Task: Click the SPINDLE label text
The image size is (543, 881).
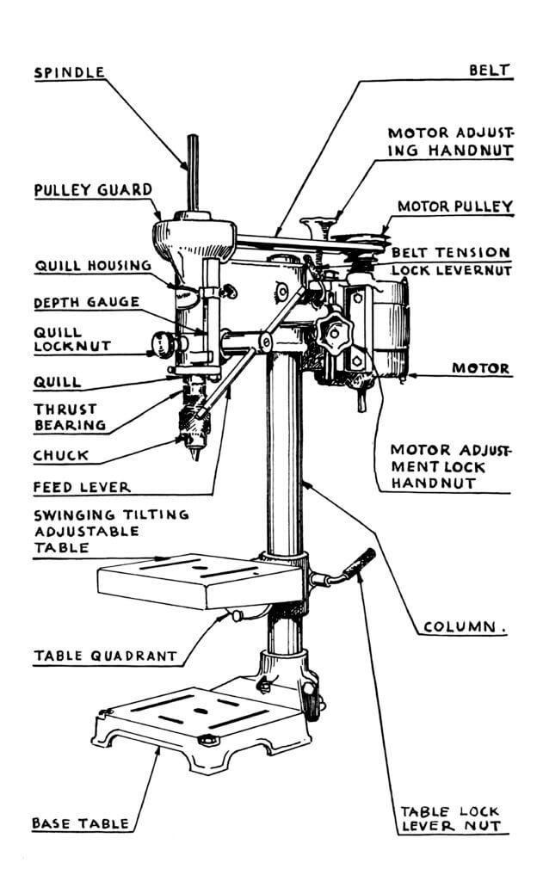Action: pos(69,73)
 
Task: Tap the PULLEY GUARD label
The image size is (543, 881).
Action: pos(93,189)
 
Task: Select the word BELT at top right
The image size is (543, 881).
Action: pos(491,70)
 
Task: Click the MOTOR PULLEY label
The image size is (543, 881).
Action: pos(454,207)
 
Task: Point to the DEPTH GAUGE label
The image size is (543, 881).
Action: pos(86,303)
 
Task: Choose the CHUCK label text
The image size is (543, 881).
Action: pos(60,455)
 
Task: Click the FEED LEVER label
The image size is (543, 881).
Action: pos(82,487)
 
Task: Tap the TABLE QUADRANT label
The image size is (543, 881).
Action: pos(105,656)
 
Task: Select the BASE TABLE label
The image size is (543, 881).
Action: pos(80,823)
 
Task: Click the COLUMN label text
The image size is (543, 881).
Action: pos(461,627)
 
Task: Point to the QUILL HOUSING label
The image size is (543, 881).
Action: pos(93,266)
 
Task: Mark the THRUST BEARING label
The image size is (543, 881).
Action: pos(70,416)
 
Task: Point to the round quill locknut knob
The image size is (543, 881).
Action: pos(162,345)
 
